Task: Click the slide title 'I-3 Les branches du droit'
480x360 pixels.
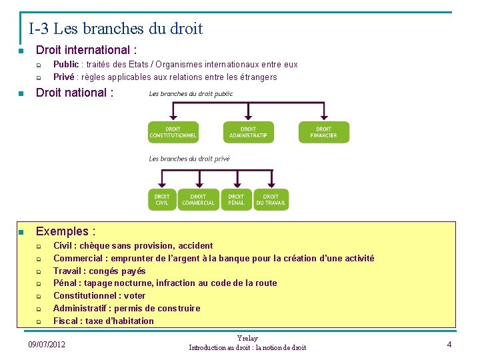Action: click(x=115, y=29)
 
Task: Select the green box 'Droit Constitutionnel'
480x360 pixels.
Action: click(x=173, y=132)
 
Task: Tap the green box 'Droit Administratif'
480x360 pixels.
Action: click(x=248, y=132)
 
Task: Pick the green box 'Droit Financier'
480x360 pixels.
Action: click(x=323, y=132)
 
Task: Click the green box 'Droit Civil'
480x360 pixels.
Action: click(x=162, y=200)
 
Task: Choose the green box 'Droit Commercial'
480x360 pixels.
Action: click(x=198, y=200)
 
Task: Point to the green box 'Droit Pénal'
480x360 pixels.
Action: click(x=236, y=200)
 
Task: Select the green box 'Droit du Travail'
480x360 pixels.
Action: click(x=271, y=200)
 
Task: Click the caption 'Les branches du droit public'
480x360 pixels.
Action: click(x=191, y=94)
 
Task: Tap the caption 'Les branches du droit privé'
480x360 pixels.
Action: click(x=189, y=159)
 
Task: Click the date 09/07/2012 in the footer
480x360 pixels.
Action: click(x=47, y=344)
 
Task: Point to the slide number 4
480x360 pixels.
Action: click(x=449, y=344)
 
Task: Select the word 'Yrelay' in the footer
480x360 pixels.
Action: click(x=247, y=339)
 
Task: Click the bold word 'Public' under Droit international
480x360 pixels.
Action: click(x=66, y=65)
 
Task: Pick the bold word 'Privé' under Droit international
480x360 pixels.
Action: click(x=63, y=77)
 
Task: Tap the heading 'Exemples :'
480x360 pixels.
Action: click(x=65, y=231)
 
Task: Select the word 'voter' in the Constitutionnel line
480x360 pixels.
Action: click(x=135, y=295)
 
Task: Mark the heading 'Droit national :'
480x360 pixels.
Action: click(x=75, y=93)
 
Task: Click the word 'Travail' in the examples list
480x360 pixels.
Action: click(x=68, y=271)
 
